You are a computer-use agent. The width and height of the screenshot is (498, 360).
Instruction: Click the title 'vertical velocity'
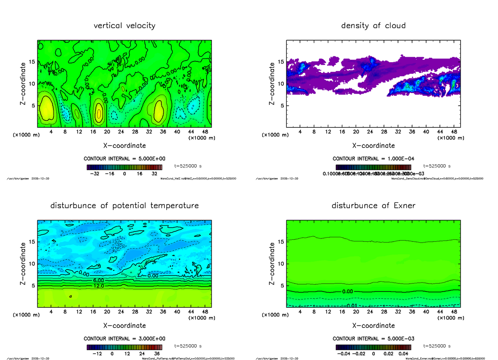pyautogui.click(x=124, y=26)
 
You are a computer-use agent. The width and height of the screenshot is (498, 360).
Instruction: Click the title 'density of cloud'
pyautogui.click(x=373, y=26)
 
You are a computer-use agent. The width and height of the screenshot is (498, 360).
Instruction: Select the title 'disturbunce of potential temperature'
pyautogui.click(x=124, y=206)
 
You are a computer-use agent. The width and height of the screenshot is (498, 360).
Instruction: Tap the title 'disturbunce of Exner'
pyautogui.click(x=373, y=206)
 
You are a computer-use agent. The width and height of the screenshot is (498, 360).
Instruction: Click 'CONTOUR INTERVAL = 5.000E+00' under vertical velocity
pyautogui.click(x=124, y=159)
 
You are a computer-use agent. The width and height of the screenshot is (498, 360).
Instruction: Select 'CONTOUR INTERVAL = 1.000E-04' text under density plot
pyautogui.click(x=373, y=159)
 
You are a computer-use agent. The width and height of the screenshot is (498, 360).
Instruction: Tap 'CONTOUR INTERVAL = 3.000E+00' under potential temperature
pyautogui.click(x=124, y=339)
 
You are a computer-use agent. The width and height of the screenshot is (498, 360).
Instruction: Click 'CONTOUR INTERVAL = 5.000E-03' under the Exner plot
pyautogui.click(x=373, y=339)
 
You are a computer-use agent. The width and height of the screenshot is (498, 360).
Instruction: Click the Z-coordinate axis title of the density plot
pyautogui.click(x=272, y=84)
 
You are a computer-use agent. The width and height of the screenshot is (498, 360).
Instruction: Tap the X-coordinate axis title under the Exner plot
pyautogui.click(x=373, y=326)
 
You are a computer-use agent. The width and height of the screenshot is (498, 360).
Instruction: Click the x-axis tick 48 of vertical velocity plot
pyautogui.click(x=205, y=132)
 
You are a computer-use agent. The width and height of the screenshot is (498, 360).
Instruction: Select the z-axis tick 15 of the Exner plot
pyautogui.click(x=281, y=242)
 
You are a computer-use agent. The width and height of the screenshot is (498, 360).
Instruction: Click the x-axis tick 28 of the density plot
pyautogui.click(x=384, y=132)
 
